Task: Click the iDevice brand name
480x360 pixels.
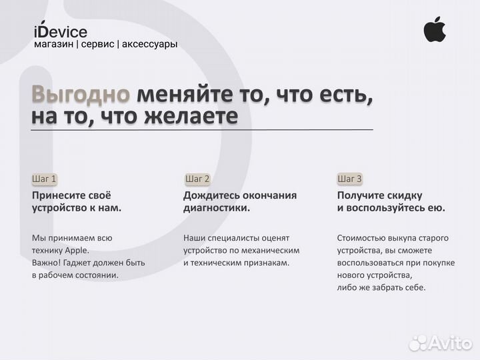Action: coord(60,31)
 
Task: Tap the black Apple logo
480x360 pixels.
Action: coord(435,29)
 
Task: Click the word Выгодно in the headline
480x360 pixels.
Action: coord(81,94)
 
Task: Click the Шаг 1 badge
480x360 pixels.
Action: coord(45,179)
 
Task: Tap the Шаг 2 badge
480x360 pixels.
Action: coord(197,179)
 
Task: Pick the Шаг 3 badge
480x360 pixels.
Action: coord(350,179)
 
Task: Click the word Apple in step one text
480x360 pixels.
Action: coord(76,250)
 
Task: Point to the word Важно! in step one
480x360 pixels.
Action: coord(48,263)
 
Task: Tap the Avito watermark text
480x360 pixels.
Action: coord(449,343)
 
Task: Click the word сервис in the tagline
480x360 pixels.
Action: coord(97,44)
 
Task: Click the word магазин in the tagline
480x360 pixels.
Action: coord(53,44)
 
